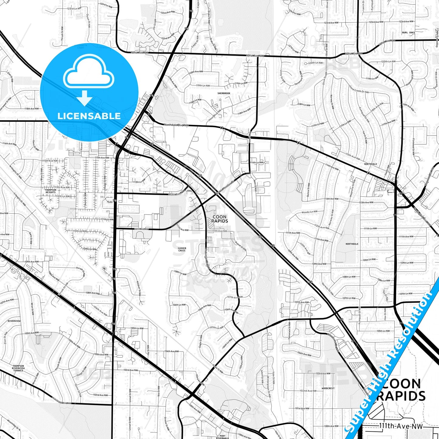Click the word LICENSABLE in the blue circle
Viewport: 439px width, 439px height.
point(89,116)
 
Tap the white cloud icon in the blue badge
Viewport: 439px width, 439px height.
point(89,72)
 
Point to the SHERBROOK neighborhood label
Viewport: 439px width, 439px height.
point(224,93)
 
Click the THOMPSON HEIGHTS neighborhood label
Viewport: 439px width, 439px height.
point(50,191)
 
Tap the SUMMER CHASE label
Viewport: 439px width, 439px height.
point(182,249)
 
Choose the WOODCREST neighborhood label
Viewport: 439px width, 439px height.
point(328,388)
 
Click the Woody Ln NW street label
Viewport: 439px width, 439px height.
point(309,212)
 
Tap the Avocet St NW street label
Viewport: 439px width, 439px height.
point(240,246)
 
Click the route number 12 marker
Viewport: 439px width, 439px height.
point(401,193)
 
